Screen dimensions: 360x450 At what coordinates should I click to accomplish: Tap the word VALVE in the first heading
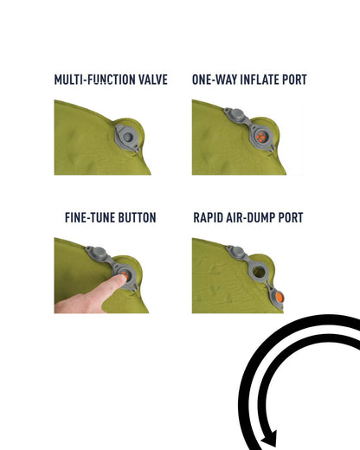click(x=153, y=80)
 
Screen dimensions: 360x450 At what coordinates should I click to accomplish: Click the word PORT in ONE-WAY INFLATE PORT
click(x=294, y=80)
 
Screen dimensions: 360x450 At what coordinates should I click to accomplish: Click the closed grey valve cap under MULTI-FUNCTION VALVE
click(x=127, y=137)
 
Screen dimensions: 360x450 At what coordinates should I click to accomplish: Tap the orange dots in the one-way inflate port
click(x=260, y=138)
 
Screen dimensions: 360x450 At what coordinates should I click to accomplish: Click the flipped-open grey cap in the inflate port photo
click(x=235, y=114)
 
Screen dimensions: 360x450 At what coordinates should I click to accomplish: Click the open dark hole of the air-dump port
click(x=259, y=272)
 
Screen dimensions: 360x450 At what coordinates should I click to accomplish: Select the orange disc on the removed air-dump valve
click(x=280, y=297)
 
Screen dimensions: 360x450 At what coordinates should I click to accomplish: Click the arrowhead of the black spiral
click(x=269, y=440)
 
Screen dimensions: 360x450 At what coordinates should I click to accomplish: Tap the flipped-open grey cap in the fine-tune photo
click(x=98, y=254)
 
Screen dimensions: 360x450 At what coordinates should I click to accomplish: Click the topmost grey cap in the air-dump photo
click(x=237, y=252)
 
